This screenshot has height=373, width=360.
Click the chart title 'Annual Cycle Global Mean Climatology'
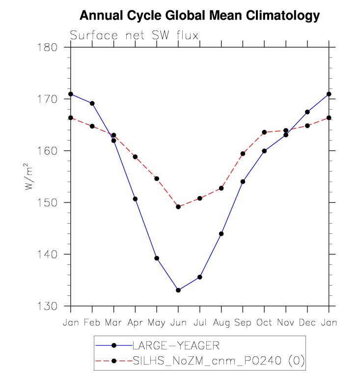click(199, 16)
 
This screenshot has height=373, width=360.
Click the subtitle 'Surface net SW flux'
click(134, 35)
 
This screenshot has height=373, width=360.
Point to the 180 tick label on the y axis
click(54, 48)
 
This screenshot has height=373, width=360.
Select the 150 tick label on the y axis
click(54, 203)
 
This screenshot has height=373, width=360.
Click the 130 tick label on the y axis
click(54, 306)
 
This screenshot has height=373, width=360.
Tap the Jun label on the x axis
click(178, 322)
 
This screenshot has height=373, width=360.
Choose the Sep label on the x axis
click(243, 322)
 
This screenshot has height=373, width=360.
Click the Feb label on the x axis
click(92, 322)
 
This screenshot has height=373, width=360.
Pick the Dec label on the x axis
click(307, 322)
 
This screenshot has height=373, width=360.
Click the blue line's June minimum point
click(178, 290)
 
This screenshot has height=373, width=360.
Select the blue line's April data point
click(135, 199)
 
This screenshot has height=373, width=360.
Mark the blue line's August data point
click(221, 234)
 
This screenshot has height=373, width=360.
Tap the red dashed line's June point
click(178, 207)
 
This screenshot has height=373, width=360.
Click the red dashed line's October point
click(264, 132)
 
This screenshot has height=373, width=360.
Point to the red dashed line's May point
click(157, 178)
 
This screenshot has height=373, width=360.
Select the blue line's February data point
click(92, 103)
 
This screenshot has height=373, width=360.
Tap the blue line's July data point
click(200, 277)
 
